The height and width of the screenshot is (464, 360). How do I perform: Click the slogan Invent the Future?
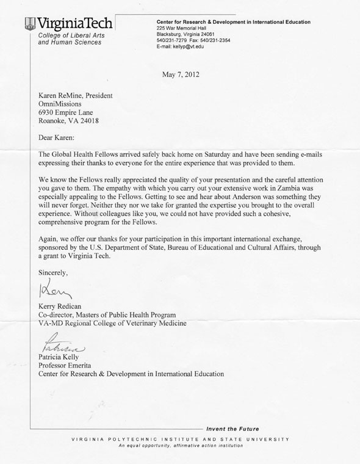(x=232, y=429)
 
